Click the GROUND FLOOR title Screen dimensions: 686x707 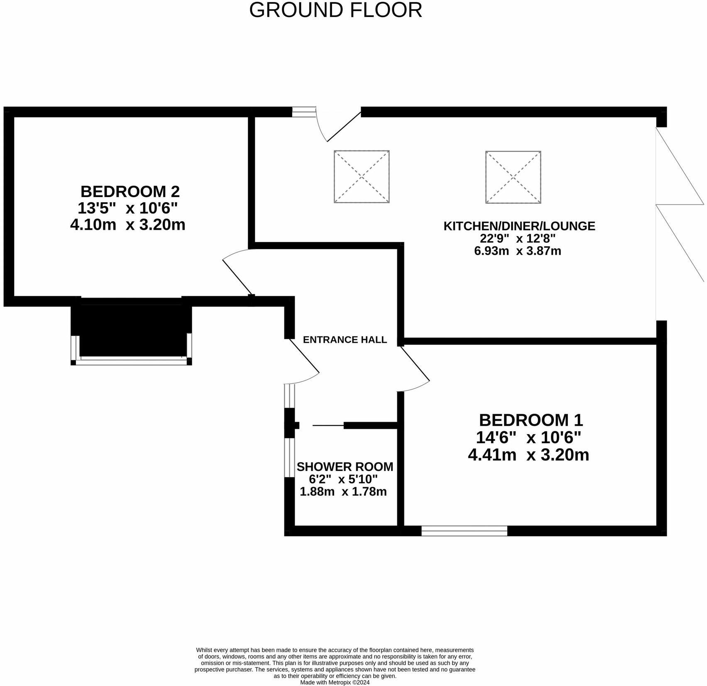coord(335,10)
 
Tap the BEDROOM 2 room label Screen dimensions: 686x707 coord(130,191)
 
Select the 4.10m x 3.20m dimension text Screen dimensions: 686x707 coord(127,225)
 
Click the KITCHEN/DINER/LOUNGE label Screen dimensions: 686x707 coord(519,226)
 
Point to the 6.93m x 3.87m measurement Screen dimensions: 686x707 coord(517,251)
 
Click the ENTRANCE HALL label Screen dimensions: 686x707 coord(345,339)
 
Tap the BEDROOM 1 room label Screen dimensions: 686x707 coord(531,420)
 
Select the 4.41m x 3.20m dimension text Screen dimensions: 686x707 coord(528,454)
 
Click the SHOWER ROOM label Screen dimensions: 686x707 coord(345,466)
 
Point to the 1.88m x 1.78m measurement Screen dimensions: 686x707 coord(343,491)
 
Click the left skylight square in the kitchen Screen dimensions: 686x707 coord(362,177)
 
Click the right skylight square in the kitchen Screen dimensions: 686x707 coord(513,177)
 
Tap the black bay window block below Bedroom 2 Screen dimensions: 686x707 coord(131,330)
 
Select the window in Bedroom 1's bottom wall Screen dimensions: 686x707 coord(464,531)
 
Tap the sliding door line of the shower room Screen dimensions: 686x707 coord(328,425)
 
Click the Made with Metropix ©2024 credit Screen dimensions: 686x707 coord(335,682)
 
